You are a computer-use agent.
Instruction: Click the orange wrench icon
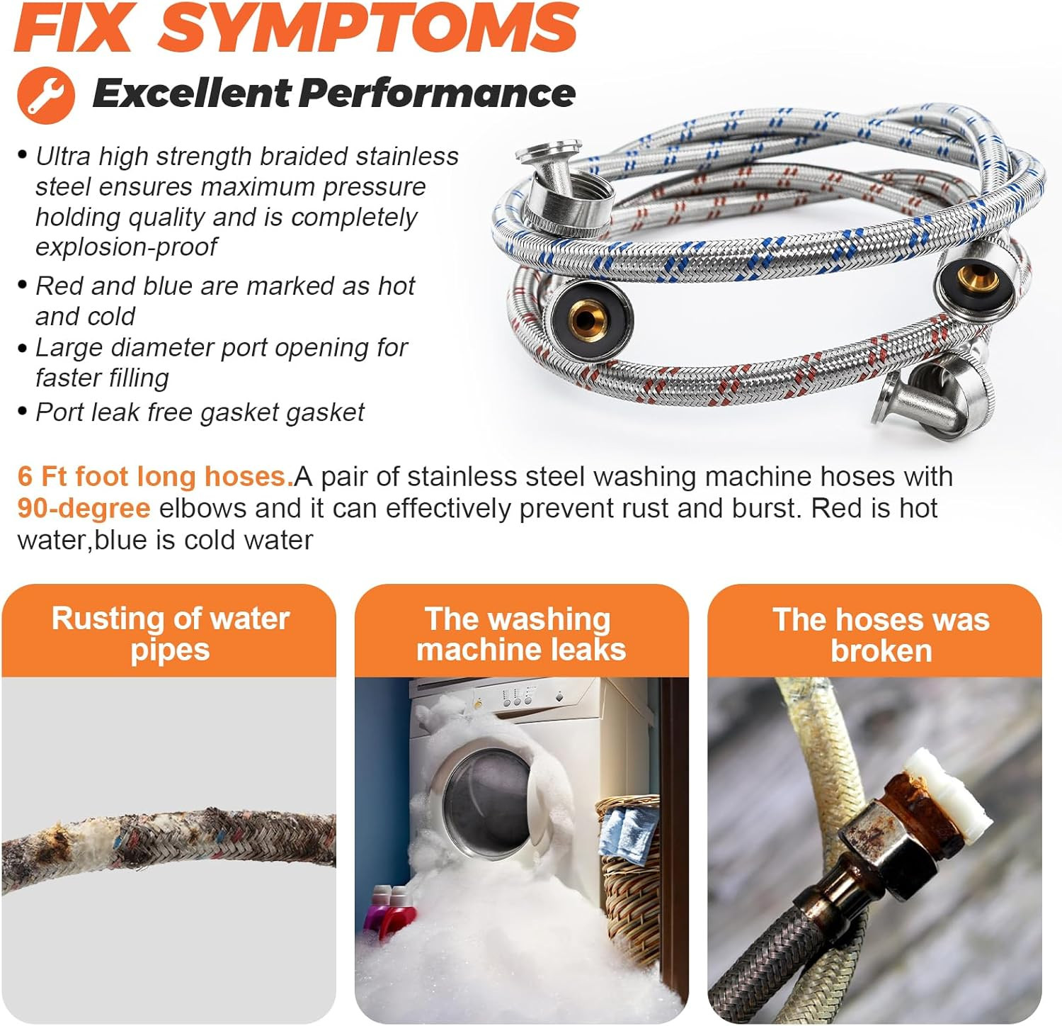tap(46, 95)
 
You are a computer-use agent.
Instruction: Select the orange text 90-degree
tap(84, 508)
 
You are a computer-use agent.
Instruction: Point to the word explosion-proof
tap(127, 247)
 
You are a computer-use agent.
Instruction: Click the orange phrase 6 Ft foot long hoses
tap(155, 476)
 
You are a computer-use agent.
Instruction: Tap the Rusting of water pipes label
tap(170, 634)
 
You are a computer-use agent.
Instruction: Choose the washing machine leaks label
tap(521, 634)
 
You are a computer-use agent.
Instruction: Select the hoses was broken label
tap(881, 635)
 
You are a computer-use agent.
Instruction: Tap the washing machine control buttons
tap(516, 699)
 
